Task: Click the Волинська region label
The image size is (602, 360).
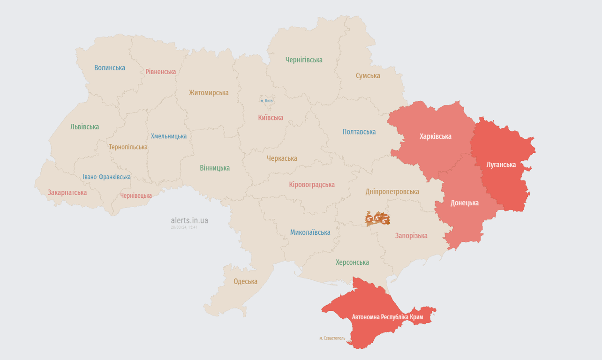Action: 110,67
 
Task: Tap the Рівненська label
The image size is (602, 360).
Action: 160,72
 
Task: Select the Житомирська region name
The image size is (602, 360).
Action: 209,93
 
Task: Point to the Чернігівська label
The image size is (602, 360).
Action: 304,60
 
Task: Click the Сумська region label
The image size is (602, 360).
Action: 368,75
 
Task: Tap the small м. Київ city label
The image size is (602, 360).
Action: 266,101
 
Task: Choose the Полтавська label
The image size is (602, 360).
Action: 359,132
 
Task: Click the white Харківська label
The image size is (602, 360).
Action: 435,136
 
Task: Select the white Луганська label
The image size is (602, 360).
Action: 501,165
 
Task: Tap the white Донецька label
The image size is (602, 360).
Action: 464,203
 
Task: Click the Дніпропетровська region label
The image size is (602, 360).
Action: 392,192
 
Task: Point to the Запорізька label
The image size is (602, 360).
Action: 411,236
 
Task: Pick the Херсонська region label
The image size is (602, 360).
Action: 352,262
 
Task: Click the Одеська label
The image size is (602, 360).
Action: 245,281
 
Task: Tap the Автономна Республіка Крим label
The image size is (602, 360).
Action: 387,317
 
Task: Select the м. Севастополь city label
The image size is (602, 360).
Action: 332,338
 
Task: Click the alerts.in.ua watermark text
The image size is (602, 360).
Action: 189,220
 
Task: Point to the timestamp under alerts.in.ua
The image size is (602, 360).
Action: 184,227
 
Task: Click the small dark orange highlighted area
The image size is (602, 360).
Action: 378,218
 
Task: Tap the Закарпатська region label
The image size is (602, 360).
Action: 67,193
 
